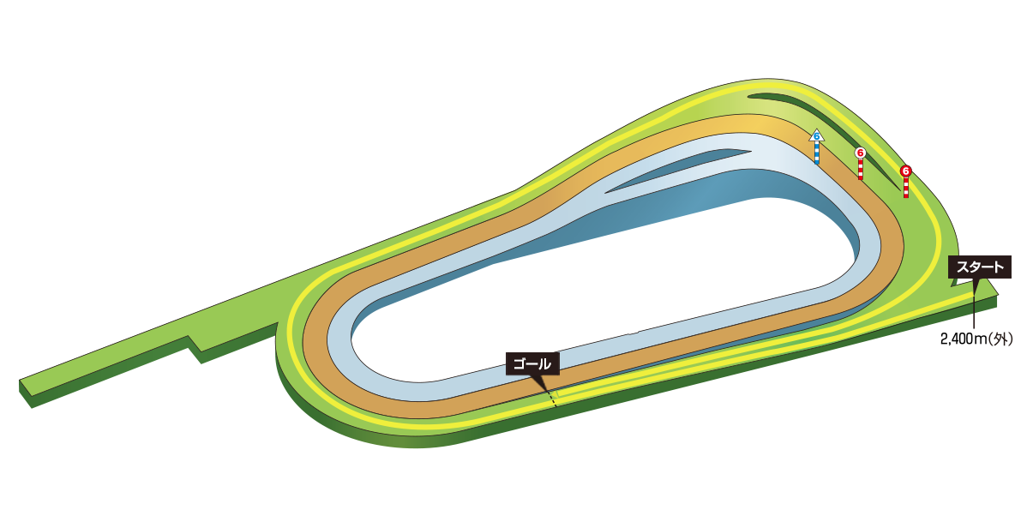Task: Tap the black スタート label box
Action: [x=980, y=267]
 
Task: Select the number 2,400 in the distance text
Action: [x=958, y=339]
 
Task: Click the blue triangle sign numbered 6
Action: [x=816, y=135]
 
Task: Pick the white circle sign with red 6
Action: [x=861, y=153]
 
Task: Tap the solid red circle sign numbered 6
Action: [x=905, y=171]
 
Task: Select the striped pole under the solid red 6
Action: [x=905, y=189]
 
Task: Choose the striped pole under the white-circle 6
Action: [x=861, y=170]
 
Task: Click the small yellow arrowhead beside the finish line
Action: [x=554, y=393]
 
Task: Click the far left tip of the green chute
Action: [x=24, y=383]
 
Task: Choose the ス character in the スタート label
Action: [x=963, y=267]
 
